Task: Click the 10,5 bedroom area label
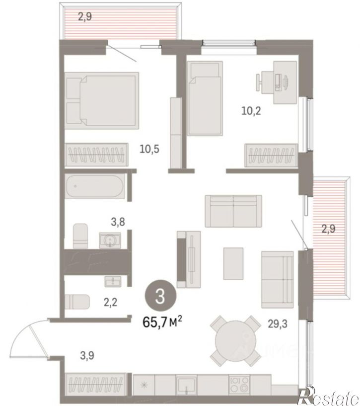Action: tap(149, 149)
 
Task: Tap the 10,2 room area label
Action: tap(251, 111)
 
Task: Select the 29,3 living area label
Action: tap(278, 324)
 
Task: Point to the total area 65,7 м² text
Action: tap(162, 323)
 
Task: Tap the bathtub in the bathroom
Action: tap(95, 187)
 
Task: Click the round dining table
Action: tap(235, 341)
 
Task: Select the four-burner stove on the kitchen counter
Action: tap(239, 385)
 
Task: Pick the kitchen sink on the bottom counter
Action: tap(186, 385)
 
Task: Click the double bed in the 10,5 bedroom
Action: tap(101, 100)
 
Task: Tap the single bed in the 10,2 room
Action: tap(205, 98)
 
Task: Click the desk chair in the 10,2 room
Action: tap(259, 82)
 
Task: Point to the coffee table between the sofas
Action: tap(233, 263)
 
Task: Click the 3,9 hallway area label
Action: tap(87, 356)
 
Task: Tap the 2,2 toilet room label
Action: tap(111, 302)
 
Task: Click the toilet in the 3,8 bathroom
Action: tap(80, 236)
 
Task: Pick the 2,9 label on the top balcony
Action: tap(85, 17)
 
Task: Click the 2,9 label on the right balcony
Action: tap(328, 229)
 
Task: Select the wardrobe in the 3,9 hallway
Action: tap(96, 384)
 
